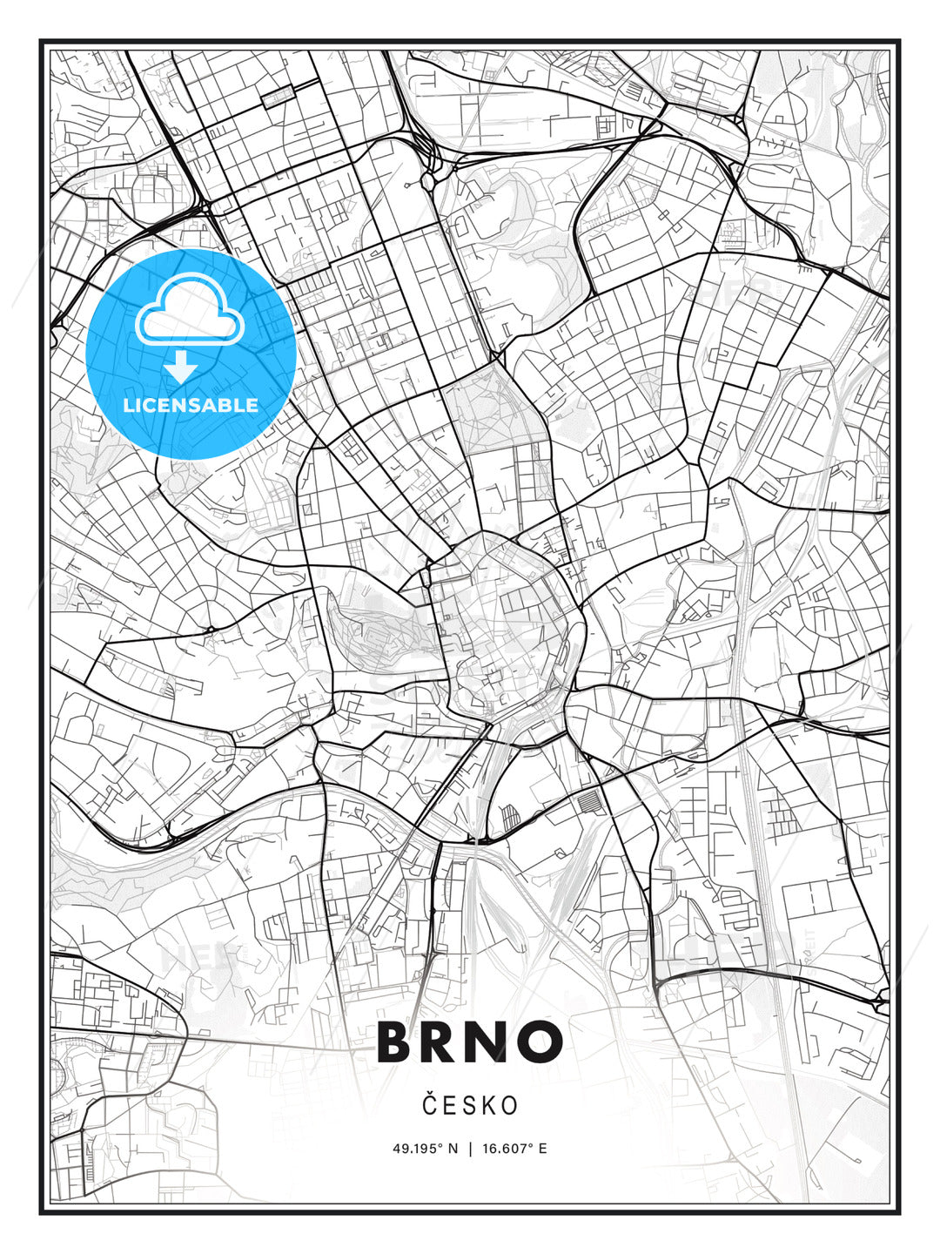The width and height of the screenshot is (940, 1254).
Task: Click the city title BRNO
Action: point(470,1042)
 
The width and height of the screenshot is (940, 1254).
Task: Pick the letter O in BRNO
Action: point(541,1042)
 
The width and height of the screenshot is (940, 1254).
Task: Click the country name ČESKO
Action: point(470,1105)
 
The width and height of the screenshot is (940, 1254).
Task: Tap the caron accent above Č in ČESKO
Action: point(428,1094)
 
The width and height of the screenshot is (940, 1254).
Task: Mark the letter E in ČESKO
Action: point(448,1106)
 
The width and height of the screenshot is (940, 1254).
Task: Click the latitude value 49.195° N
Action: point(425,1148)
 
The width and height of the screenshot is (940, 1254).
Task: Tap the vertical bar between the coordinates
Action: point(471,1148)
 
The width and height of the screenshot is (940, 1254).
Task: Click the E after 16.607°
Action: point(542,1148)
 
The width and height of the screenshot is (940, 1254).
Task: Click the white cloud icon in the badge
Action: point(189,310)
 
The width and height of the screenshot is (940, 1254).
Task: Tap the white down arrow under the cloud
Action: point(182,367)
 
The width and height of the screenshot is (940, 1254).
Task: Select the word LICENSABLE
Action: point(191,405)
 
